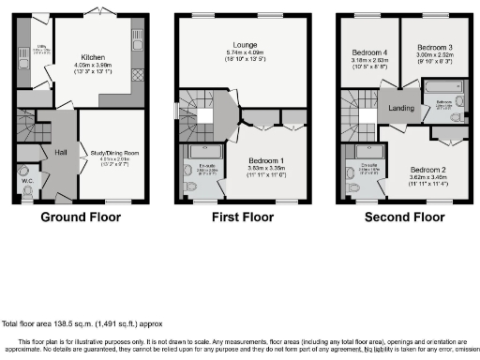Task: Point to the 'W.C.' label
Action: click(x=29, y=182)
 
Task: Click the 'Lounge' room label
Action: click(x=247, y=44)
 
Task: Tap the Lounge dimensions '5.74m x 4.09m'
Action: click(x=247, y=52)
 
